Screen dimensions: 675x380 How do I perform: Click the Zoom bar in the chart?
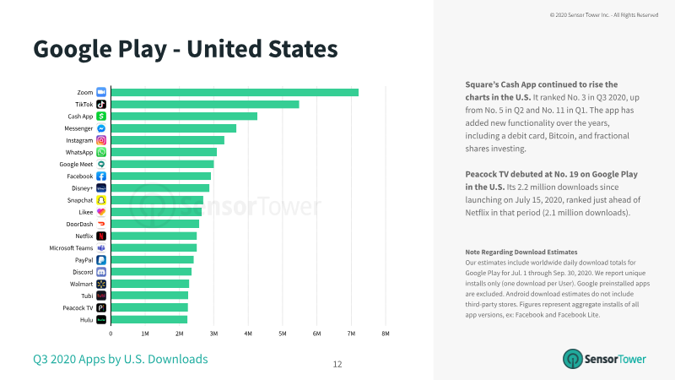pyautogui.click(x=235, y=92)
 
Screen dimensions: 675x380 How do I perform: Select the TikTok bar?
pyautogui.click(x=205, y=104)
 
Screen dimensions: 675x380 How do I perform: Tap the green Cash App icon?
pyautogui.click(x=101, y=117)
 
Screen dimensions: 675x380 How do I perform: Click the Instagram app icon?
pyautogui.click(x=101, y=140)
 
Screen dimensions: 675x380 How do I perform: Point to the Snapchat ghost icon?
pyautogui.click(x=101, y=200)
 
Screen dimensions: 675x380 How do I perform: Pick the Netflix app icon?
pyautogui.click(x=101, y=236)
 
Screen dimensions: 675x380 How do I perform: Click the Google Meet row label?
pyautogui.click(x=76, y=164)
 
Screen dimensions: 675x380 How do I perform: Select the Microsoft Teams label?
pyautogui.click(x=71, y=248)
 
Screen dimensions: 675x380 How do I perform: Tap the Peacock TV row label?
pyautogui.click(x=78, y=308)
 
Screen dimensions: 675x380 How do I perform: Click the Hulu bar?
pyautogui.click(x=149, y=320)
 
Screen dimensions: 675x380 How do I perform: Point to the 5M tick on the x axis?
pyautogui.click(x=283, y=334)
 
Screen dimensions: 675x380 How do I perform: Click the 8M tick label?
pyautogui.click(x=386, y=334)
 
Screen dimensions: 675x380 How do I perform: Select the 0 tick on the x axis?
pyautogui.click(x=111, y=334)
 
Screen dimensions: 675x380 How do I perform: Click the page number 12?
pyautogui.click(x=337, y=365)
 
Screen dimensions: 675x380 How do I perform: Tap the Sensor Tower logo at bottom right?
pyautogui.click(x=604, y=359)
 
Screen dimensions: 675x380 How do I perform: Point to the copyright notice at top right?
pyautogui.click(x=604, y=15)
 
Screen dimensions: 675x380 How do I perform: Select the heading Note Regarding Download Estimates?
pyautogui.click(x=521, y=252)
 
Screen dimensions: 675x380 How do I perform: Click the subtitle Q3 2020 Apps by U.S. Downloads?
pyautogui.click(x=121, y=360)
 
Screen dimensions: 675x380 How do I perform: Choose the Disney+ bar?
pyautogui.click(x=160, y=188)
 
